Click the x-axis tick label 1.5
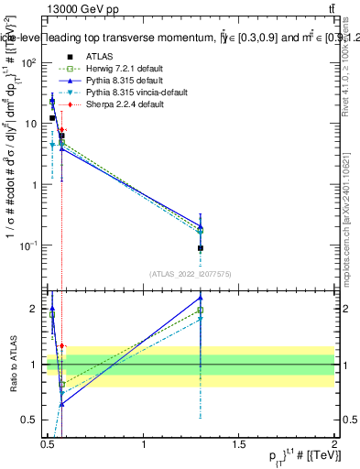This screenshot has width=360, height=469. pyautogui.click(x=239, y=443)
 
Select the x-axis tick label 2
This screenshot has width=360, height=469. pyautogui.click(x=334, y=443)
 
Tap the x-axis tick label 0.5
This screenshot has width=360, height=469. pyautogui.click(x=49, y=443)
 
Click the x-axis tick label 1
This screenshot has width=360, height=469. pyautogui.click(x=144, y=443)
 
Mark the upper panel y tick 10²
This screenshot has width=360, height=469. pyautogui.click(x=27, y=61)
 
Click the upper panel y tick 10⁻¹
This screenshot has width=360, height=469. pyautogui.click(x=27, y=245)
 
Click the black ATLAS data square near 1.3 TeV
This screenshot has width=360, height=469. pyautogui.click(x=201, y=248)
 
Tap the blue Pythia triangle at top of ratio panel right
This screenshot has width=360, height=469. pyautogui.click(x=201, y=297)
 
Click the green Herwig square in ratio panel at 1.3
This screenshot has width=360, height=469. pyautogui.click(x=201, y=311)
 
